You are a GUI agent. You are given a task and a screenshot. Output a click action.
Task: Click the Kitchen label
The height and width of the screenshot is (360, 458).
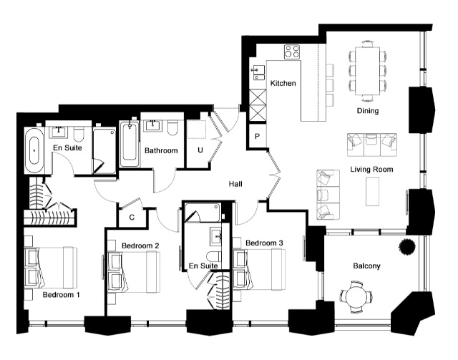(283, 83)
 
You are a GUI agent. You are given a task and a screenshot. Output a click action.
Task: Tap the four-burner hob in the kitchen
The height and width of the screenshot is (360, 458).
(292, 52)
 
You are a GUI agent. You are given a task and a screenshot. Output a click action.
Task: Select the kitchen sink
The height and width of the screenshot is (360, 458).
(258, 73)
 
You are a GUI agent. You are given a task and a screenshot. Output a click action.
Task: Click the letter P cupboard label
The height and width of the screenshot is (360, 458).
(257, 136)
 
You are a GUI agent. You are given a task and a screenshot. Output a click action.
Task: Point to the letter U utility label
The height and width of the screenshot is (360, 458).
(200, 150)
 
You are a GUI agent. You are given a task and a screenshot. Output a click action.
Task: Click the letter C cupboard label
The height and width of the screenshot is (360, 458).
(132, 218)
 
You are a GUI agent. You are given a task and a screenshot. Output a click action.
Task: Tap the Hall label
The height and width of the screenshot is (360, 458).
(235, 184)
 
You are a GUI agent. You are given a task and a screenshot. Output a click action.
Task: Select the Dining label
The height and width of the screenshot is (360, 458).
(368, 111)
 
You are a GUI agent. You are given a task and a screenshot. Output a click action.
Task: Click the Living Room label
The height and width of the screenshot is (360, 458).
(371, 169)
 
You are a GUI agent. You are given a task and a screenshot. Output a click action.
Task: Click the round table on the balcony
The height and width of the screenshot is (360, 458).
(356, 297)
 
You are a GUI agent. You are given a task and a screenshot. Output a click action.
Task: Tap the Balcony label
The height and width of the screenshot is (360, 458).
(366, 266)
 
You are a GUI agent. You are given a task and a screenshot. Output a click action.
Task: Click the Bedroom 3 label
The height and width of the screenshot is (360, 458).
(264, 243)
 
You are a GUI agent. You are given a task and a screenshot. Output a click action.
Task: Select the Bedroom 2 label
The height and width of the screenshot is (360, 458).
(140, 245)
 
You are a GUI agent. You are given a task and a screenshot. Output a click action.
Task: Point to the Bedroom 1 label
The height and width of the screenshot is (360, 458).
(61, 295)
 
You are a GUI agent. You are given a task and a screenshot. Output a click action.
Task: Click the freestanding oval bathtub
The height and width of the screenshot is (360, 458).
(35, 150)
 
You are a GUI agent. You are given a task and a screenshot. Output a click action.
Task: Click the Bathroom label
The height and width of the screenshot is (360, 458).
(161, 151)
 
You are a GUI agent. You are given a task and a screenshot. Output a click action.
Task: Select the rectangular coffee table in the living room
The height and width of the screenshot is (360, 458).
(372, 191)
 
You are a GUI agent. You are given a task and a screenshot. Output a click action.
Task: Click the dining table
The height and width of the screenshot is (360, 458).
(367, 71)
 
